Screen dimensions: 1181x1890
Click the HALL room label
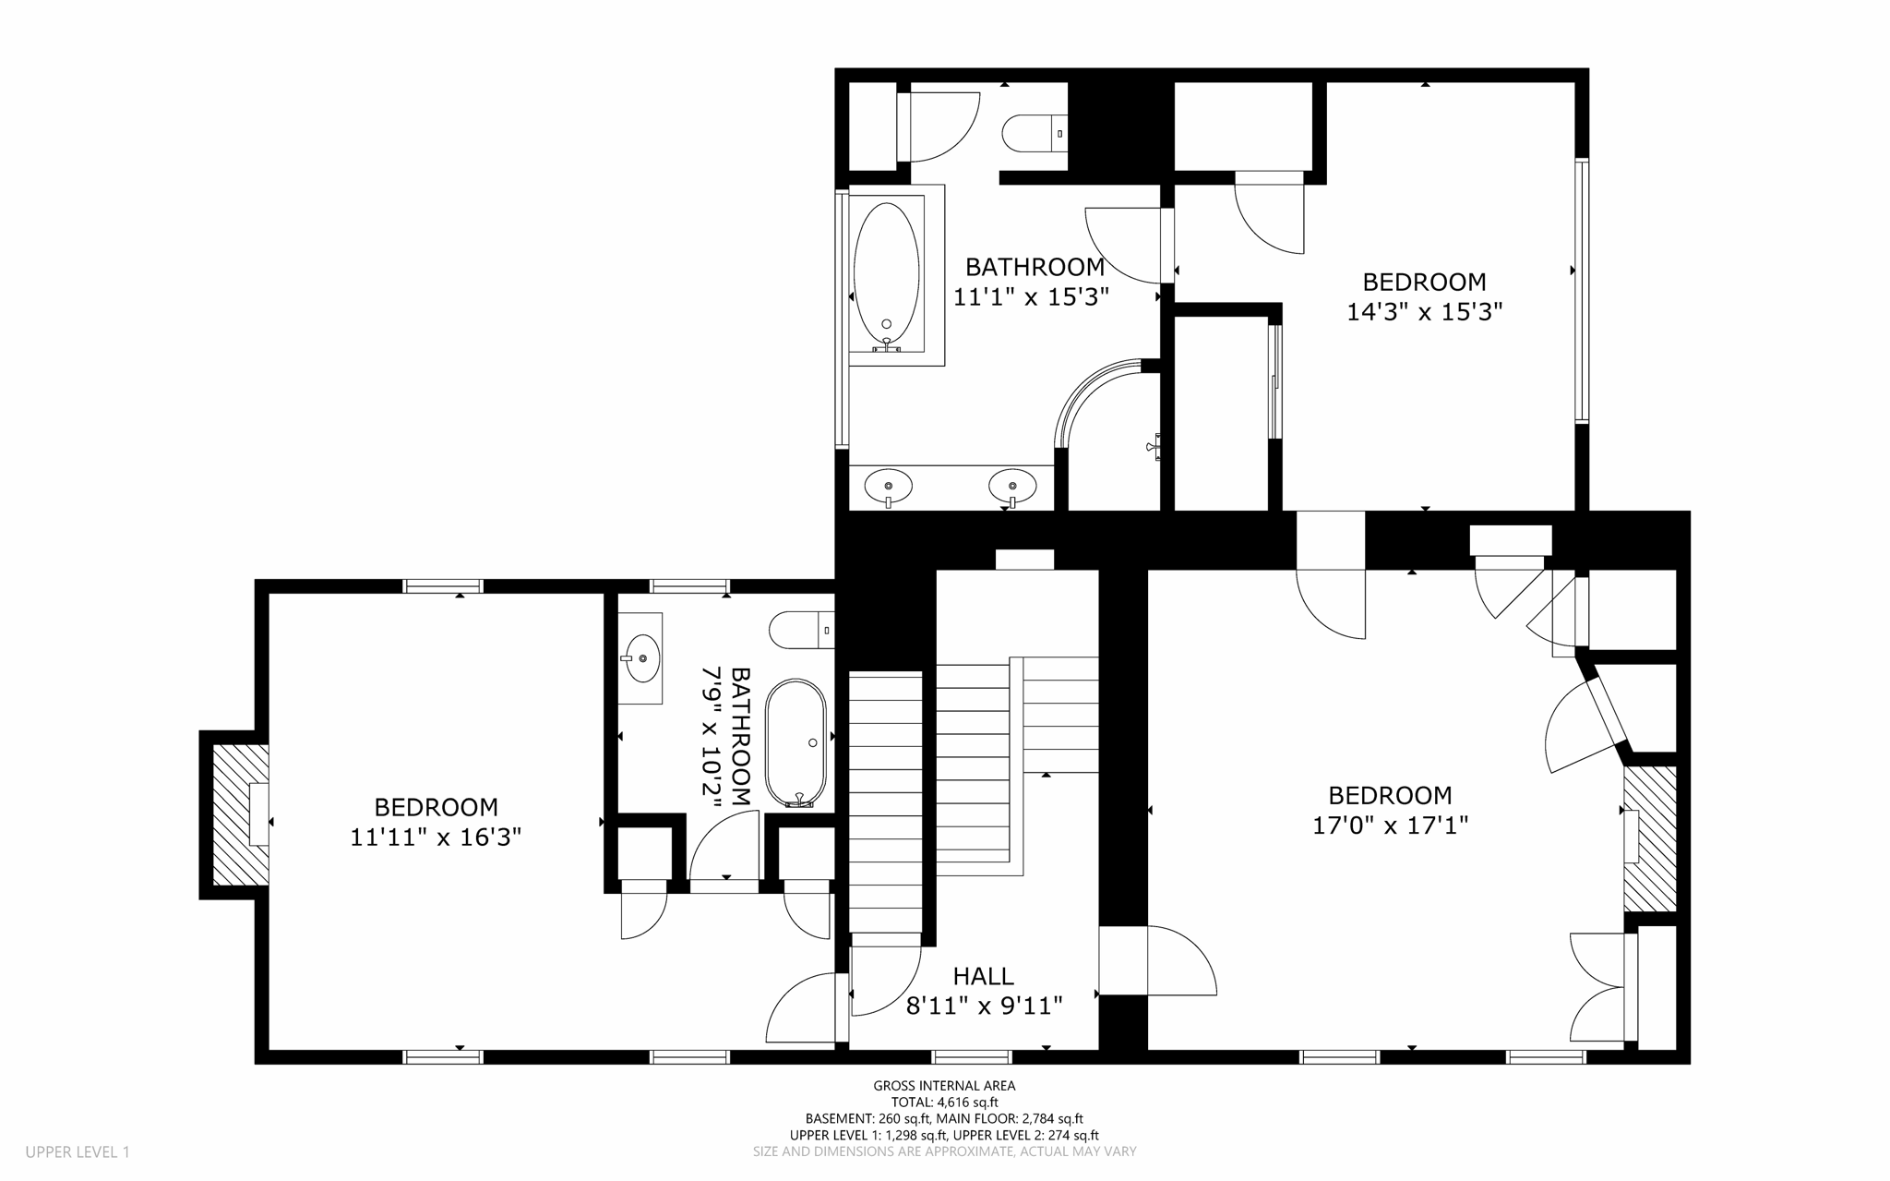[984, 976]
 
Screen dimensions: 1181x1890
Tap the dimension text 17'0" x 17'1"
[1390, 825]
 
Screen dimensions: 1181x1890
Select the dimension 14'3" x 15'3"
[1425, 312]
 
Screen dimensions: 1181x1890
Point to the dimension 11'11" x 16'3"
[436, 837]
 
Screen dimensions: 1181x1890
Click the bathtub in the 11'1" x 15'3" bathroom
[887, 274]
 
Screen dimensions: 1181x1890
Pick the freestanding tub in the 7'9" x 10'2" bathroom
[795, 743]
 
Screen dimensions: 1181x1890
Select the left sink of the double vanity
[889, 486]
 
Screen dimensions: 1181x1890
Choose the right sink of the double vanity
[1012, 486]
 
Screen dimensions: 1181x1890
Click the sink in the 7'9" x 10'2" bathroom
[641, 658]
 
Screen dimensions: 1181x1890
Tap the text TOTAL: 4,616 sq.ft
[944, 1102]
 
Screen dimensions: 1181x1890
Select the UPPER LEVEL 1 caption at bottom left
[78, 1151]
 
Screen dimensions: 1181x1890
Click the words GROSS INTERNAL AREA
[944, 1086]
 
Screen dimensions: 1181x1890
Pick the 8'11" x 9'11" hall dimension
[984, 1005]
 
